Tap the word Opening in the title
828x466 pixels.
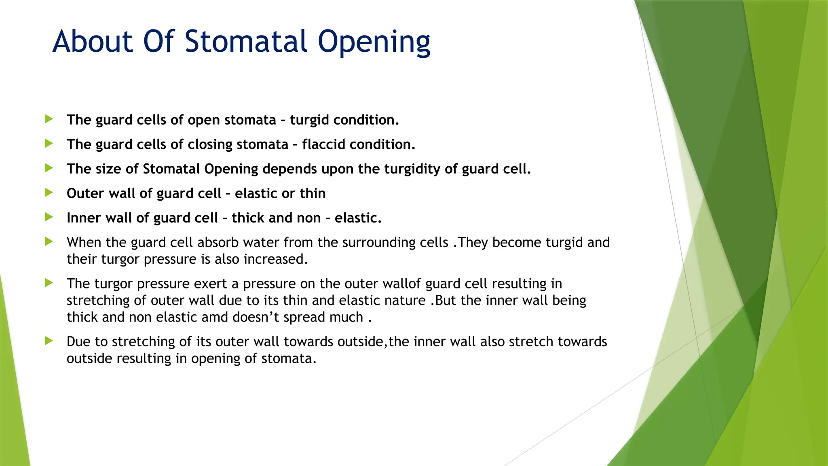(x=374, y=42)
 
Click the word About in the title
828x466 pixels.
(x=93, y=41)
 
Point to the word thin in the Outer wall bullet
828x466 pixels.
(x=313, y=193)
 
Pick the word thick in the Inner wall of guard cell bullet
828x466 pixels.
(x=248, y=218)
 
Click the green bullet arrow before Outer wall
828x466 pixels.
(x=49, y=193)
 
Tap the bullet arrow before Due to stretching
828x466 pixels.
(x=49, y=341)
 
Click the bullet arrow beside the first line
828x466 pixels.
(x=49, y=119)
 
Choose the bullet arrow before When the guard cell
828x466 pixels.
(x=49, y=241)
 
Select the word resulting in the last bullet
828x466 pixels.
(x=144, y=359)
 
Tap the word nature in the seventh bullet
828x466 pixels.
(x=406, y=301)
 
